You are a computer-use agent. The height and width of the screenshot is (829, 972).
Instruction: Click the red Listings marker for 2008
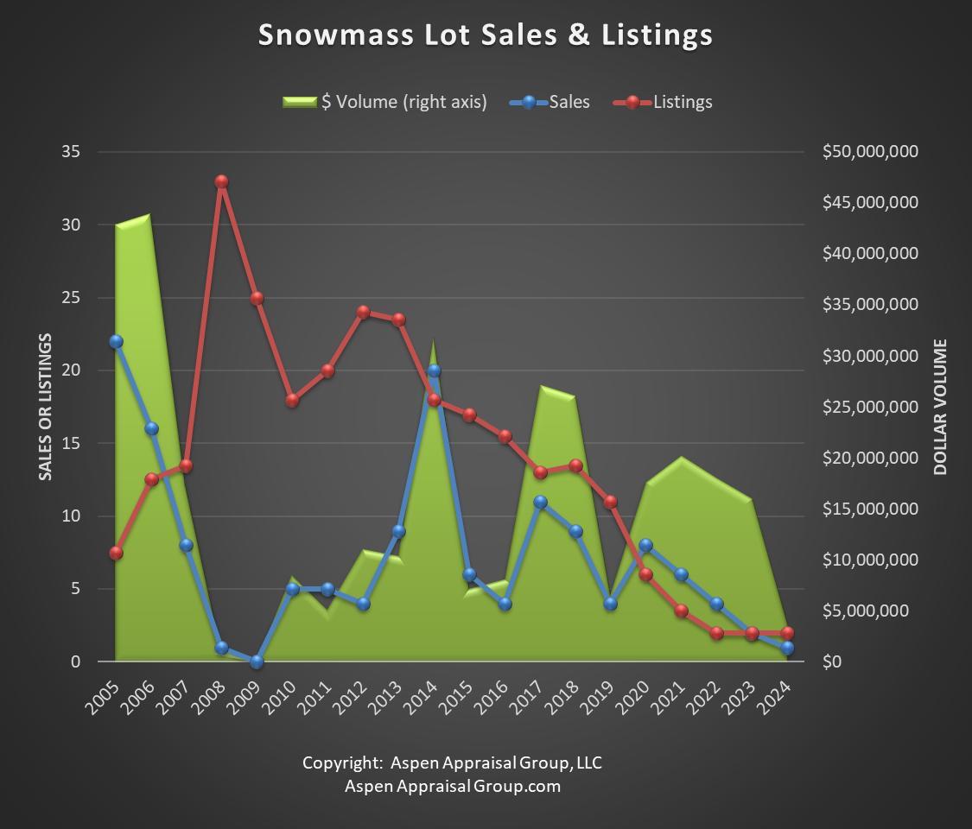click(x=222, y=181)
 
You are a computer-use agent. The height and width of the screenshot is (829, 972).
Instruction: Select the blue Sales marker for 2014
click(x=434, y=370)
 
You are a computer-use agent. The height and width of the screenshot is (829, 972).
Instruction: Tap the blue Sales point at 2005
click(x=116, y=341)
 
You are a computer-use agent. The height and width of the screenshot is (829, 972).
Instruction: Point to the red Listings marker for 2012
click(x=363, y=313)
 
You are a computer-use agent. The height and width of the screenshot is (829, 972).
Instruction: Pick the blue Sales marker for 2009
click(x=257, y=661)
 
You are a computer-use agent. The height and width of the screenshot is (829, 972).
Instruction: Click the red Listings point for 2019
click(x=611, y=502)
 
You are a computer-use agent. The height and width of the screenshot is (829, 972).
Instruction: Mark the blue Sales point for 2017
click(x=540, y=502)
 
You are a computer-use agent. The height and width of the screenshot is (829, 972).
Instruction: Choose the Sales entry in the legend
click(x=550, y=102)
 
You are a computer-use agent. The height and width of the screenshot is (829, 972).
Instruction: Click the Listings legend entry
click(x=663, y=102)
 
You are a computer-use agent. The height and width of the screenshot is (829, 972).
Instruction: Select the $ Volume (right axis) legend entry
click(x=385, y=102)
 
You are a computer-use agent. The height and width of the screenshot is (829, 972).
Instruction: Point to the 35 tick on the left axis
click(x=71, y=151)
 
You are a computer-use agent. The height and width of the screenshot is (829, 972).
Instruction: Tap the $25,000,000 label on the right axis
click(x=870, y=407)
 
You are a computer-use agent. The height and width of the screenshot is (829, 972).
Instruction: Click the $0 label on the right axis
click(x=832, y=661)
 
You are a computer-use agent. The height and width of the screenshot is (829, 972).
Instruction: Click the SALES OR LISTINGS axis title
click(x=45, y=407)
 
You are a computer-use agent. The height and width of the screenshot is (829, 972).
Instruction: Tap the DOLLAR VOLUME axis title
click(x=940, y=407)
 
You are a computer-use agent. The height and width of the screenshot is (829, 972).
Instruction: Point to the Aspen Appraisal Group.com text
click(x=453, y=786)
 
